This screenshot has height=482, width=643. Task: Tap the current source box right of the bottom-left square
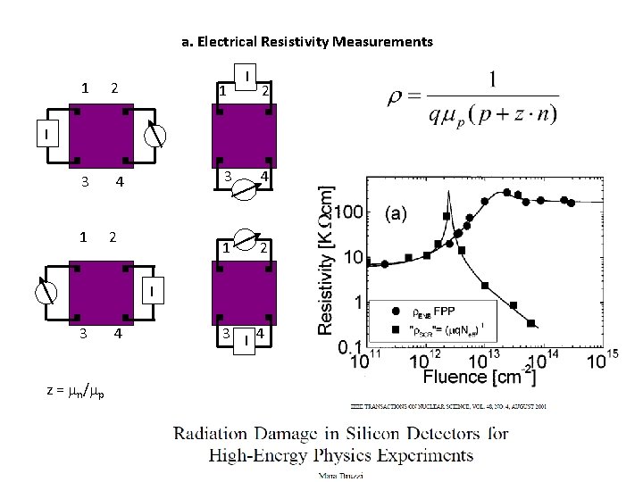pos(153,290)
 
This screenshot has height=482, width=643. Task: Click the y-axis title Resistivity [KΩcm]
pos(328,260)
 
